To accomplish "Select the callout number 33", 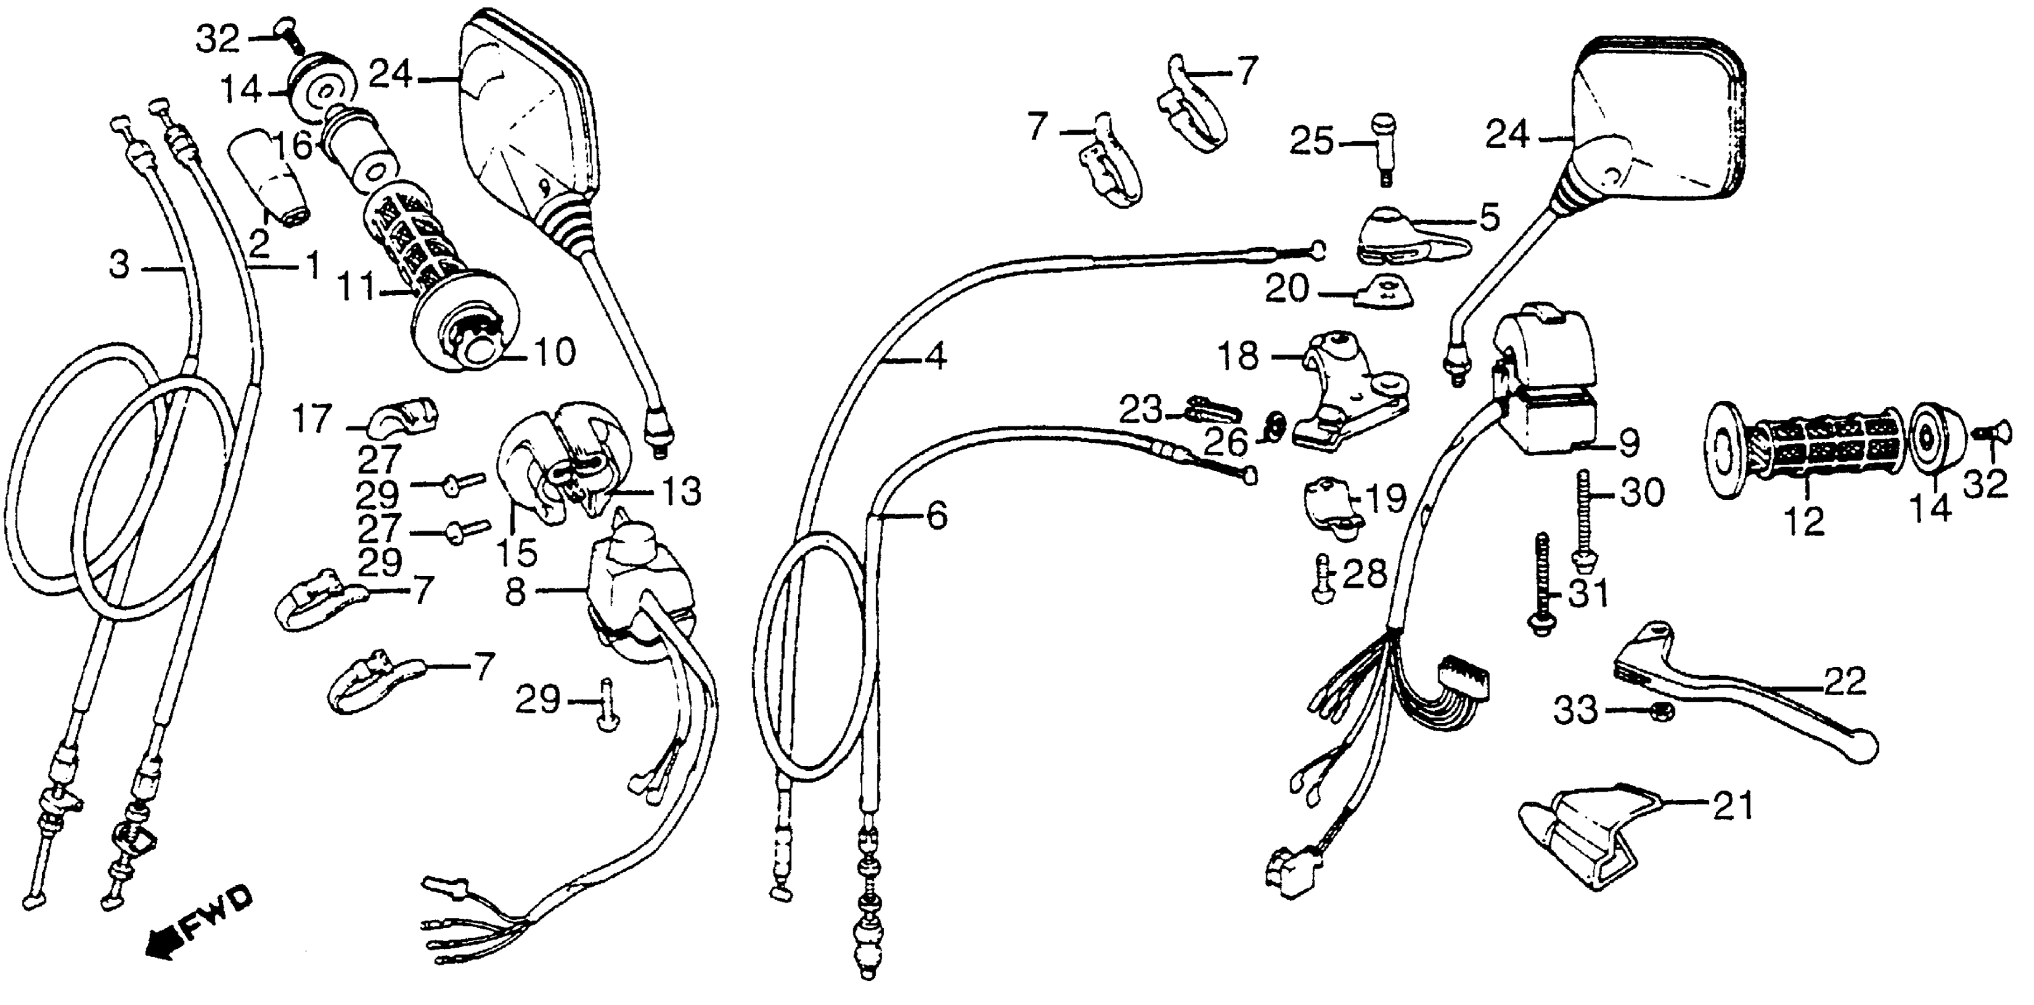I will (x=1576, y=711).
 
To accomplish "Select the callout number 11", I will (x=357, y=287).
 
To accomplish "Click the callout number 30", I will (x=1643, y=492).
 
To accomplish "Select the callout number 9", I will (x=1628, y=443).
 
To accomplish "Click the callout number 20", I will (x=1288, y=290).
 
